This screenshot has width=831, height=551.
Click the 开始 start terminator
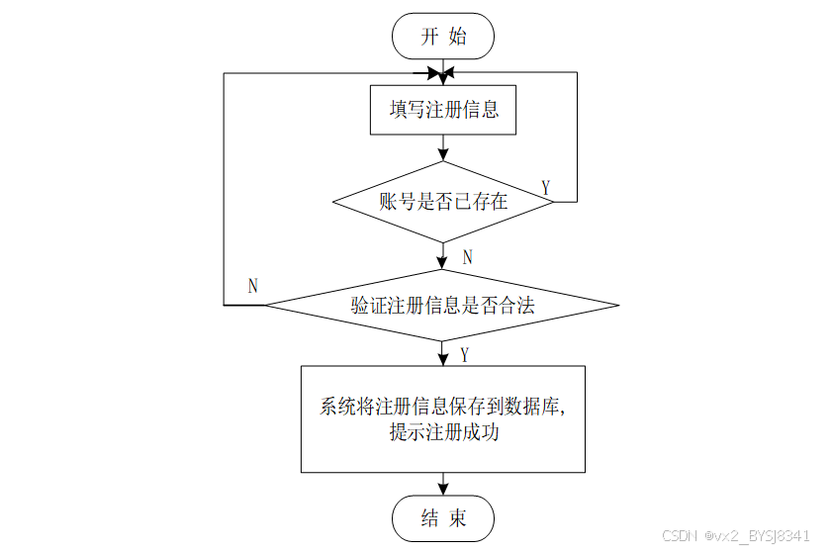click(x=442, y=38)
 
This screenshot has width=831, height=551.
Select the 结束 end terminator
click(x=442, y=518)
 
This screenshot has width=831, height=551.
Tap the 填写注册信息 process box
click(x=443, y=110)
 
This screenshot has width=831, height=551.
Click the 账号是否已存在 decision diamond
click(x=443, y=202)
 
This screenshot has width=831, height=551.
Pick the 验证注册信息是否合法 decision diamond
click(x=442, y=305)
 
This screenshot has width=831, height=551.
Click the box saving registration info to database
click(x=442, y=418)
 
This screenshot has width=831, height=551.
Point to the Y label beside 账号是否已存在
click(x=546, y=187)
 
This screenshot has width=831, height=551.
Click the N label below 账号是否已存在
click(x=467, y=257)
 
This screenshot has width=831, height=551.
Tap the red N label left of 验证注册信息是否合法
click(x=253, y=286)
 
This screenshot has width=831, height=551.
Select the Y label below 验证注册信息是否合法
click(x=465, y=354)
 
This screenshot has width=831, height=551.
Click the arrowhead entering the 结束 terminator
click(x=443, y=488)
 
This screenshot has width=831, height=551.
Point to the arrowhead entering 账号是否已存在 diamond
click(x=443, y=155)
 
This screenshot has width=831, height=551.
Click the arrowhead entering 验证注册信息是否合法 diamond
click(x=443, y=263)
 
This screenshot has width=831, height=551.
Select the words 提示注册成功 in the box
click(x=443, y=433)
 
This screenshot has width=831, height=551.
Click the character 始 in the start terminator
click(x=457, y=38)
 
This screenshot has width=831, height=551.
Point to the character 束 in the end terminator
click(x=456, y=518)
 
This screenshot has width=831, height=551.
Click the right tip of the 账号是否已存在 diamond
click(x=552, y=202)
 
